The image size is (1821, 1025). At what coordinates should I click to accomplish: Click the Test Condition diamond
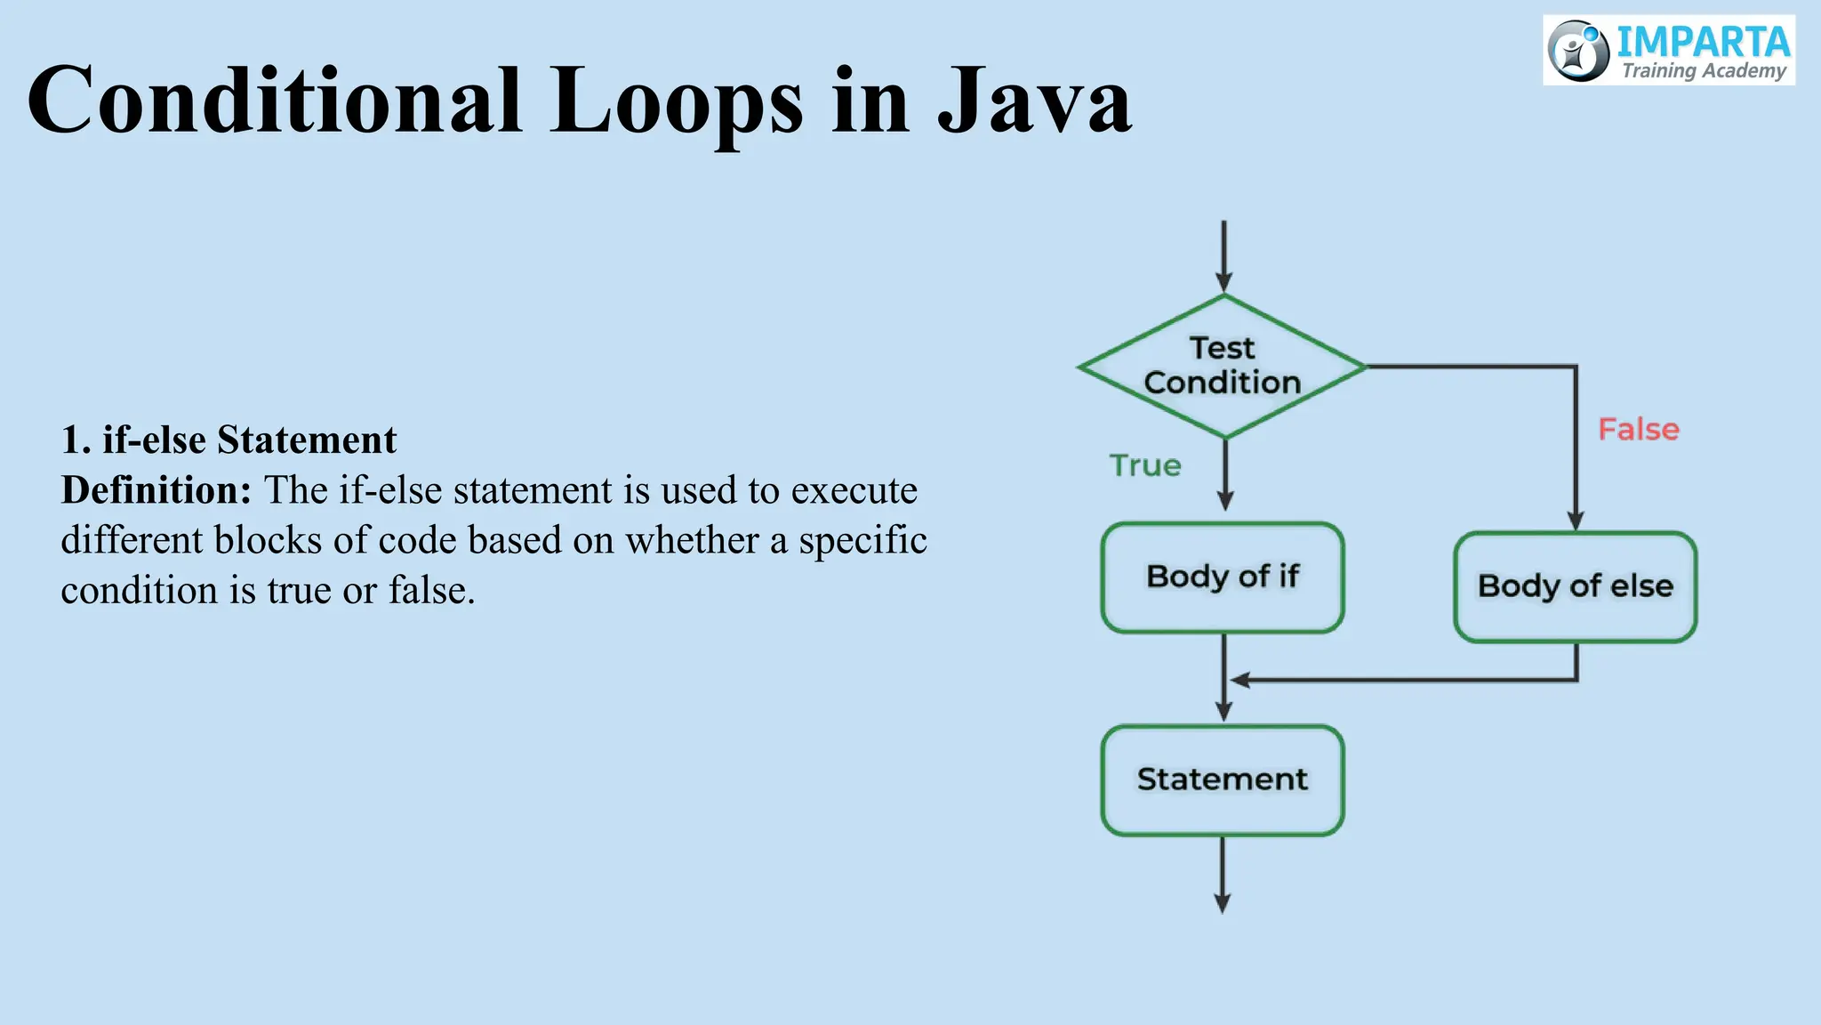1223,366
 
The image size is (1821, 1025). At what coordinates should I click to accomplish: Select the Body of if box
1223,577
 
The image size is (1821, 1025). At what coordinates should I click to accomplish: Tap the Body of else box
1575,586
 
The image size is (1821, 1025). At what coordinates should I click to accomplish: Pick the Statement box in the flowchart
1223,780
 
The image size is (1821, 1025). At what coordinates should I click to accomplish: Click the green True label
1145,465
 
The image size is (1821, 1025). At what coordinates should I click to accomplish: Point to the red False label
1638,430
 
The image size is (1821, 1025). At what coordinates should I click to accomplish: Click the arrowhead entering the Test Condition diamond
1224,283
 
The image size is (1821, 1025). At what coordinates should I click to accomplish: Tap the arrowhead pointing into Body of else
1576,521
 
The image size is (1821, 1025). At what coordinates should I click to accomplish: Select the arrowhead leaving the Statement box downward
1223,903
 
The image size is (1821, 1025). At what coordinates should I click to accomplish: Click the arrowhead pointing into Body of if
1225,501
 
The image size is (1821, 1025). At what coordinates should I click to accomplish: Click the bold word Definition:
156,490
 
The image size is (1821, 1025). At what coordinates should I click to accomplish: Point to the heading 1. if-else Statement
229,440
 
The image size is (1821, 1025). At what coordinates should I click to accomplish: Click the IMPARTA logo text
1702,42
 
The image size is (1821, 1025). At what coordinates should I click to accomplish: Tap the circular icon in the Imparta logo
1578,51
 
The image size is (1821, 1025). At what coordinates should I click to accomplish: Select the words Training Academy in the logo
1704,71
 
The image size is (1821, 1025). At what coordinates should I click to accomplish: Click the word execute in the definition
854,490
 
